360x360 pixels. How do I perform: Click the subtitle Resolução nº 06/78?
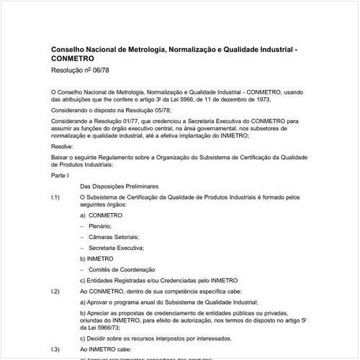point(83,72)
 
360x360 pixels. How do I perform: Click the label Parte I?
point(60,175)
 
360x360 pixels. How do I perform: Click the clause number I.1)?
point(55,197)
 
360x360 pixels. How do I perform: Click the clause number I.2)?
point(55,291)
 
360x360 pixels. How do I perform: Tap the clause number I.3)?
point(55,347)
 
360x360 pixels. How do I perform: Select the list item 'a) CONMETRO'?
point(102,215)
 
